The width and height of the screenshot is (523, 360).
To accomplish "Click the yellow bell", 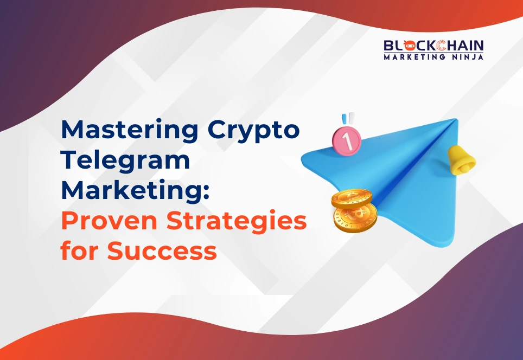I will tap(462, 158).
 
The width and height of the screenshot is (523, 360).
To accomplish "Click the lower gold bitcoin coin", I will tap(355, 218).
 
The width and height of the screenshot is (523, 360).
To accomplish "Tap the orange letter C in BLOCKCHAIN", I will tap(432, 46).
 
